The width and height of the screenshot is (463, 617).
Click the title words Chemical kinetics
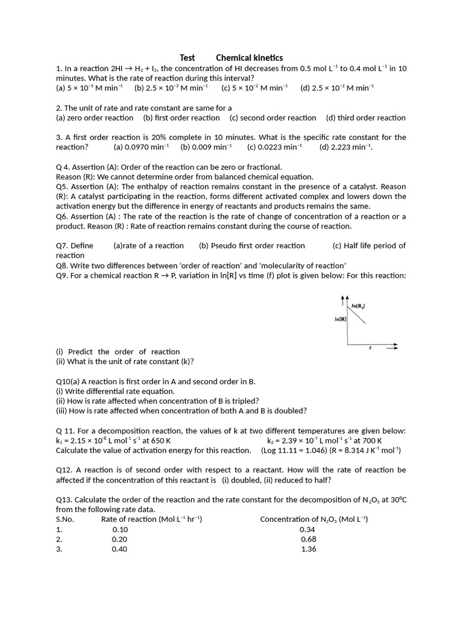(x=249, y=58)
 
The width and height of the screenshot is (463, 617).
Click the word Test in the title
(x=187, y=58)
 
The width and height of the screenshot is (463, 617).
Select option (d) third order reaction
(x=365, y=118)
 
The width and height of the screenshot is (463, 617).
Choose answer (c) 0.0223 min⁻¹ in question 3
(x=275, y=147)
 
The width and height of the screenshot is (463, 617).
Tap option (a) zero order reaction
(x=95, y=118)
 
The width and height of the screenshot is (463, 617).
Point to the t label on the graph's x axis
(x=370, y=348)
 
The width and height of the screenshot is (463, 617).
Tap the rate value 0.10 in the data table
(x=120, y=530)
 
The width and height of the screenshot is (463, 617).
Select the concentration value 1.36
(x=309, y=549)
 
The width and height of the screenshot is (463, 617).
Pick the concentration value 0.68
(x=309, y=539)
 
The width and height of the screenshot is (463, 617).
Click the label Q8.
(x=61, y=266)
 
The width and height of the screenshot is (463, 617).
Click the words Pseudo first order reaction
(x=252, y=246)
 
